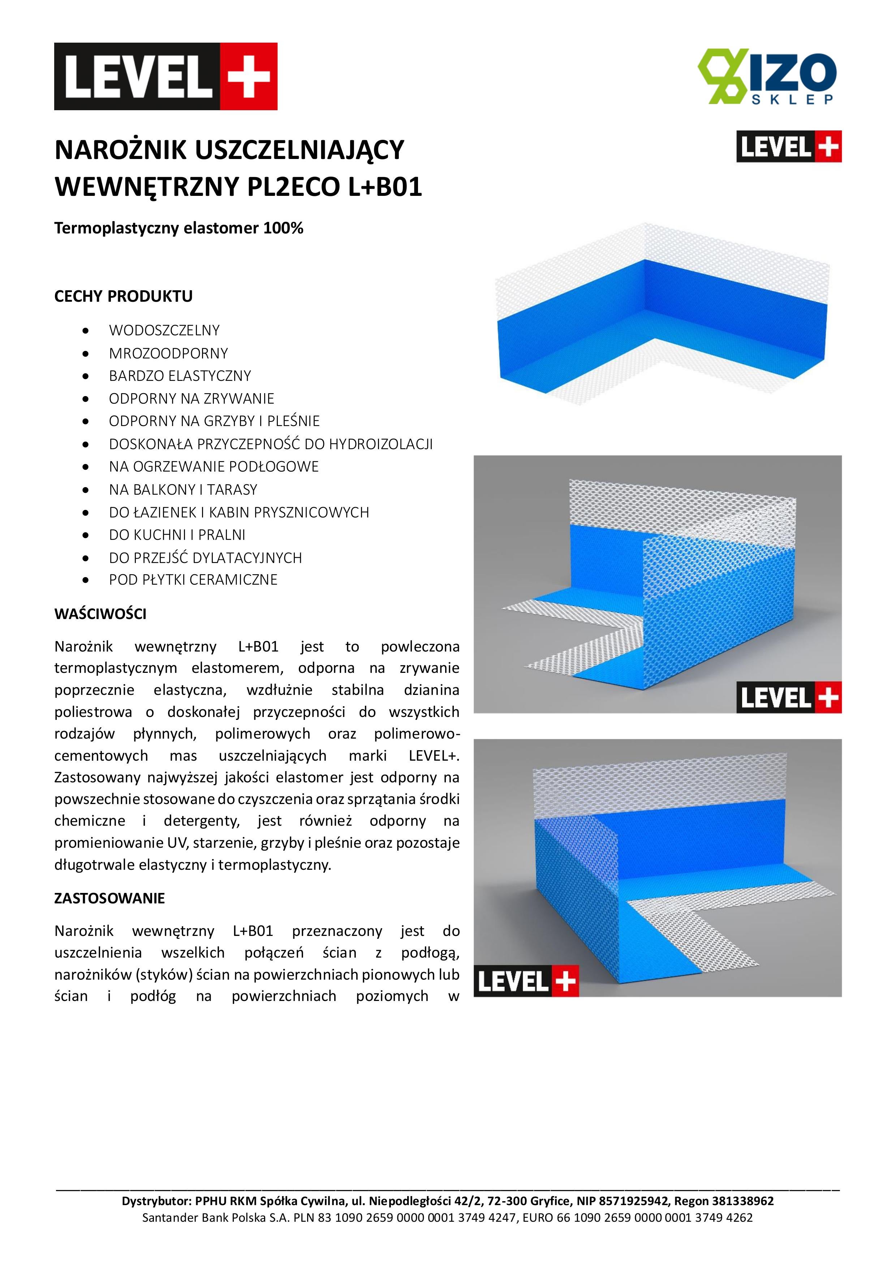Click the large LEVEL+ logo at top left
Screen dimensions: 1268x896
click(x=165, y=76)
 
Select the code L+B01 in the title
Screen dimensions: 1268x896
click(x=384, y=187)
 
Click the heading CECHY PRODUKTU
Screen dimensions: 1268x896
click(x=123, y=297)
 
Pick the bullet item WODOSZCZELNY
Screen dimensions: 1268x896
click(x=164, y=330)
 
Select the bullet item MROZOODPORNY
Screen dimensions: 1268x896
click(x=168, y=353)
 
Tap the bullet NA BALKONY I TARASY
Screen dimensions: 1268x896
click(x=183, y=489)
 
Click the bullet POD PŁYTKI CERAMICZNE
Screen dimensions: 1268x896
click(x=193, y=580)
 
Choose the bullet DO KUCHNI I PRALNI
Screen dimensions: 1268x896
click(x=177, y=534)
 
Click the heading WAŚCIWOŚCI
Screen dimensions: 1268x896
click(x=100, y=614)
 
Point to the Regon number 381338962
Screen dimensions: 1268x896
click(x=742, y=1201)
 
